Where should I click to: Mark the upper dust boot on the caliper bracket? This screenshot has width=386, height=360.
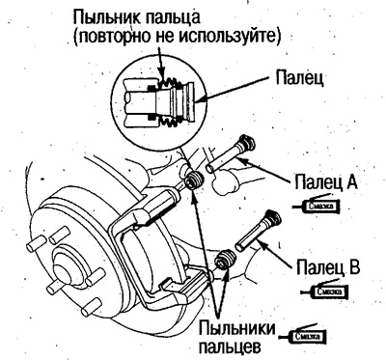(x=192, y=180)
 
